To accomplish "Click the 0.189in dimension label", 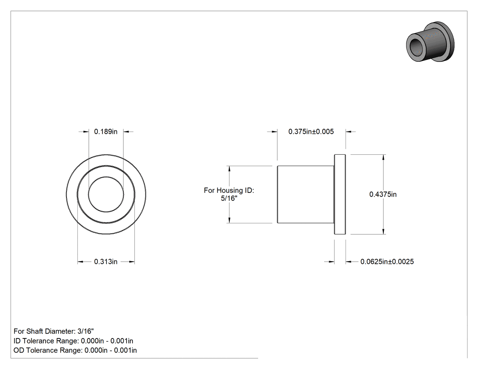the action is point(106,131).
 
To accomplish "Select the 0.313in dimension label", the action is point(106,262).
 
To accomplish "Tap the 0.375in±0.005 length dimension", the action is point(311,131).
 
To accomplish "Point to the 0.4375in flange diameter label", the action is point(383,194).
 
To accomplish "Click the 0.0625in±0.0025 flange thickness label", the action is point(387,262).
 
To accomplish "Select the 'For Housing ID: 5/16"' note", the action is point(229,194).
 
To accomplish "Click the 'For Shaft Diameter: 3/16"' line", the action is point(54,331).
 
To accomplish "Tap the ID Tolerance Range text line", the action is point(73,341).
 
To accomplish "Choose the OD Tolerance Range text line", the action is point(75,350).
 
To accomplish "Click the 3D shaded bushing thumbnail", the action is point(430,42).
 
